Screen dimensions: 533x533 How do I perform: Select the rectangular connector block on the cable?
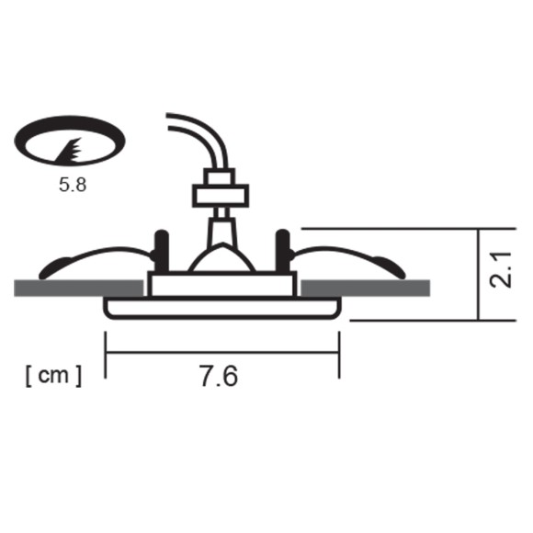click(220, 194)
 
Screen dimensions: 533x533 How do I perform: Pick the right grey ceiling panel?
click(367, 288)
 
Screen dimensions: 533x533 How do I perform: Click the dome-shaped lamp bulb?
click(221, 260)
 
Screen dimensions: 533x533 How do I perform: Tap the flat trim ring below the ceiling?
click(222, 308)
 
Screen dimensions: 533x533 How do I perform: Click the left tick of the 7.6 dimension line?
click(107, 354)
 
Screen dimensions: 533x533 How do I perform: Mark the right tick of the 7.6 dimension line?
click(339, 354)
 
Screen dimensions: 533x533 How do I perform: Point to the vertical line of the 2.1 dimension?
click(480, 274)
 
